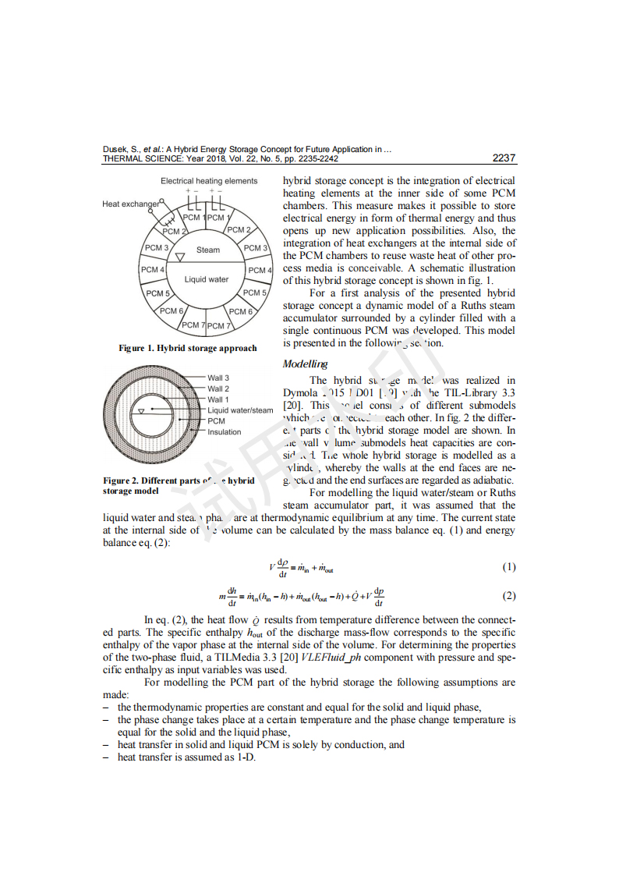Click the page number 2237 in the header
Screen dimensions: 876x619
[504, 158]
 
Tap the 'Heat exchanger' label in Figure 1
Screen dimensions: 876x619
[130, 204]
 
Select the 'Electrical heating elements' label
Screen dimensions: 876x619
[208, 181]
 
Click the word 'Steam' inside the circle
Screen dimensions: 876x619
[208, 250]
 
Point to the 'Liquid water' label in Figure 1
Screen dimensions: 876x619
[207, 279]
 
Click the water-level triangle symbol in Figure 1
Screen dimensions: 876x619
[180, 257]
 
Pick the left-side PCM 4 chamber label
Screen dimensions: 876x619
[152, 270]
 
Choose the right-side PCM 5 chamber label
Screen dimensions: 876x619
[255, 293]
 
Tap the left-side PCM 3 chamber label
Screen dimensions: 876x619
[156, 248]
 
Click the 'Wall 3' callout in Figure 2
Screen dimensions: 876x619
[218, 378]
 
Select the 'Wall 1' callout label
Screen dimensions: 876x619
[218, 399]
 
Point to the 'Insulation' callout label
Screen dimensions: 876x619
[225, 432]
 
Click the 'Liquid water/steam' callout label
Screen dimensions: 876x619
[240, 410]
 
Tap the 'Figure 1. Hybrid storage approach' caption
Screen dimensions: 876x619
[187, 348]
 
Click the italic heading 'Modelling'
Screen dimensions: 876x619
[305, 364]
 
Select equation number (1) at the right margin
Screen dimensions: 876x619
[508, 567]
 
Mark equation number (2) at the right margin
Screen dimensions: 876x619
[508, 597]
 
